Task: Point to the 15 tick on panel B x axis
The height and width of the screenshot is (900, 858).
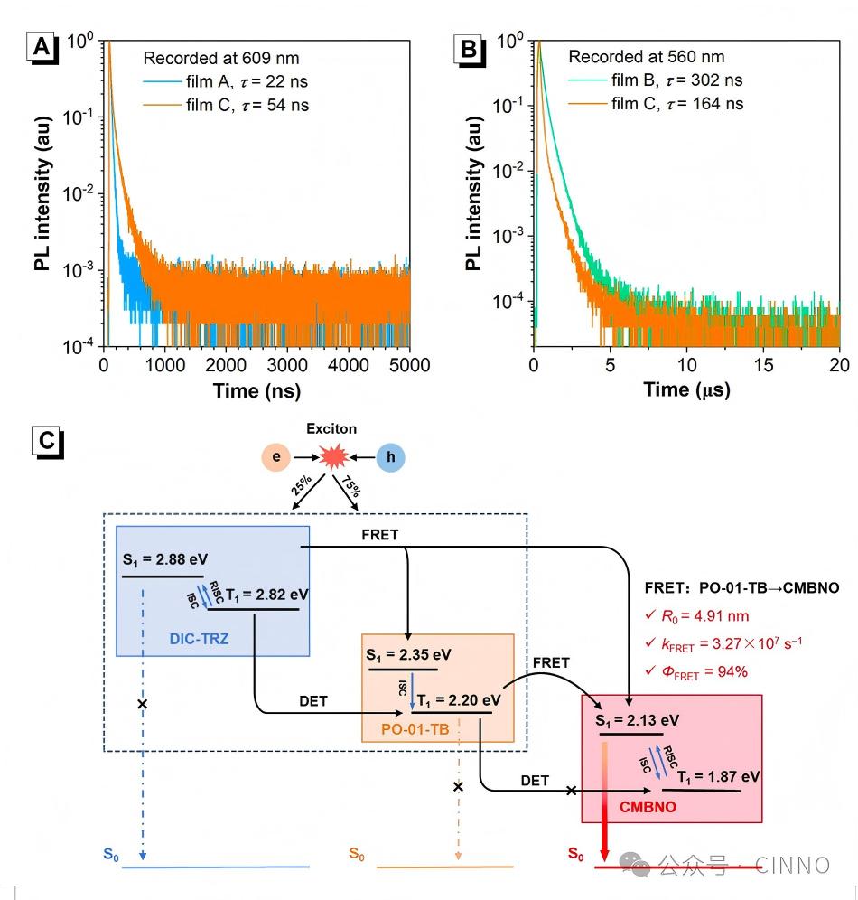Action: [x=763, y=364]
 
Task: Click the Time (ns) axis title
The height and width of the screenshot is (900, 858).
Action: [x=256, y=390]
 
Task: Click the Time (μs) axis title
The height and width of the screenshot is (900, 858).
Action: [x=686, y=390]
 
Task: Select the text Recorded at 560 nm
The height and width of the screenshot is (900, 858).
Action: [x=646, y=57]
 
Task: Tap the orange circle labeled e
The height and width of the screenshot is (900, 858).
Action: [x=276, y=458]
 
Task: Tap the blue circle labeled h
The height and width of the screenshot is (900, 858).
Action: [x=390, y=458]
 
